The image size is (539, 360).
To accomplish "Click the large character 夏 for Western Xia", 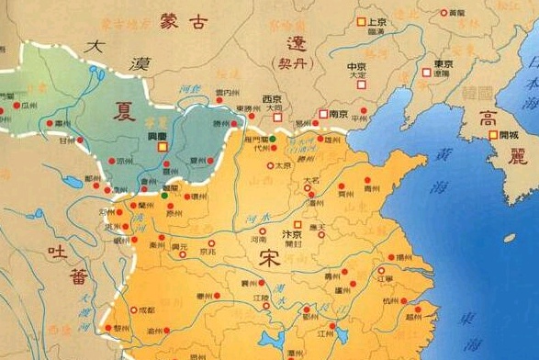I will (123, 109).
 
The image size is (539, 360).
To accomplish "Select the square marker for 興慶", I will (162, 146).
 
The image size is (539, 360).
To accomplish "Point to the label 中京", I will (358, 66).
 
